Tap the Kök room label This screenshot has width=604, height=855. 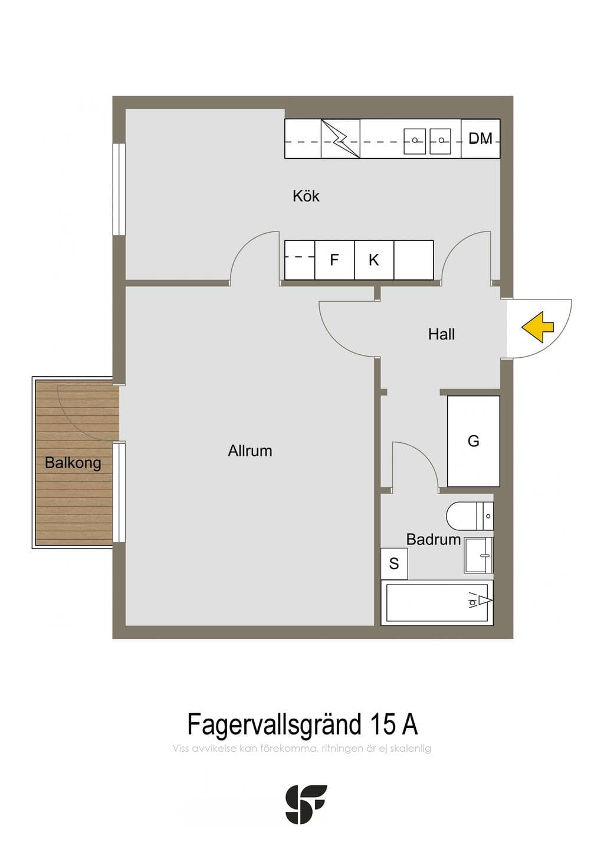pyautogui.click(x=306, y=196)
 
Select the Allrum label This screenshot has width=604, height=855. pyautogui.click(x=250, y=451)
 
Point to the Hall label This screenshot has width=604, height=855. pyautogui.click(x=441, y=334)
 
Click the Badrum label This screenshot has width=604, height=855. pyautogui.click(x=434, y=539)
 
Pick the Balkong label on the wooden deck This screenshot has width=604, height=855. pyautogui.click(x=73, y=463)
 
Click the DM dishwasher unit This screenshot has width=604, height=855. pyautogui.click(x=481, y=138)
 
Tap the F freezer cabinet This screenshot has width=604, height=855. pyautogui.click(x=334, y=260)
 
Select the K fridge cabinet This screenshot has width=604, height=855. pyautogui.click(x=374, y=260)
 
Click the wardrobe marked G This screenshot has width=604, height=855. pyautogui.click(x=473, y=441)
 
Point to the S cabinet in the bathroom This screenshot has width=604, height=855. pyautogui.click(x=394, y=563)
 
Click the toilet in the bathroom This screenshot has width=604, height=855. pyautogui.click(x=470, y=516)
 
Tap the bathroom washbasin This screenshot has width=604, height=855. pyautogui.click(x=478, y=556)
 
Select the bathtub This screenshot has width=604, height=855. pyautogui.click(x=437, y=603)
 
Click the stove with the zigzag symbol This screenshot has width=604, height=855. pyautogui.click(x=340, y=138)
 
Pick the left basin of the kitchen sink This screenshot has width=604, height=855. pyautogui.click(x=415, y=141)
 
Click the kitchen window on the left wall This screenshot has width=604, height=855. pyautogui.click(x=119, y=189)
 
